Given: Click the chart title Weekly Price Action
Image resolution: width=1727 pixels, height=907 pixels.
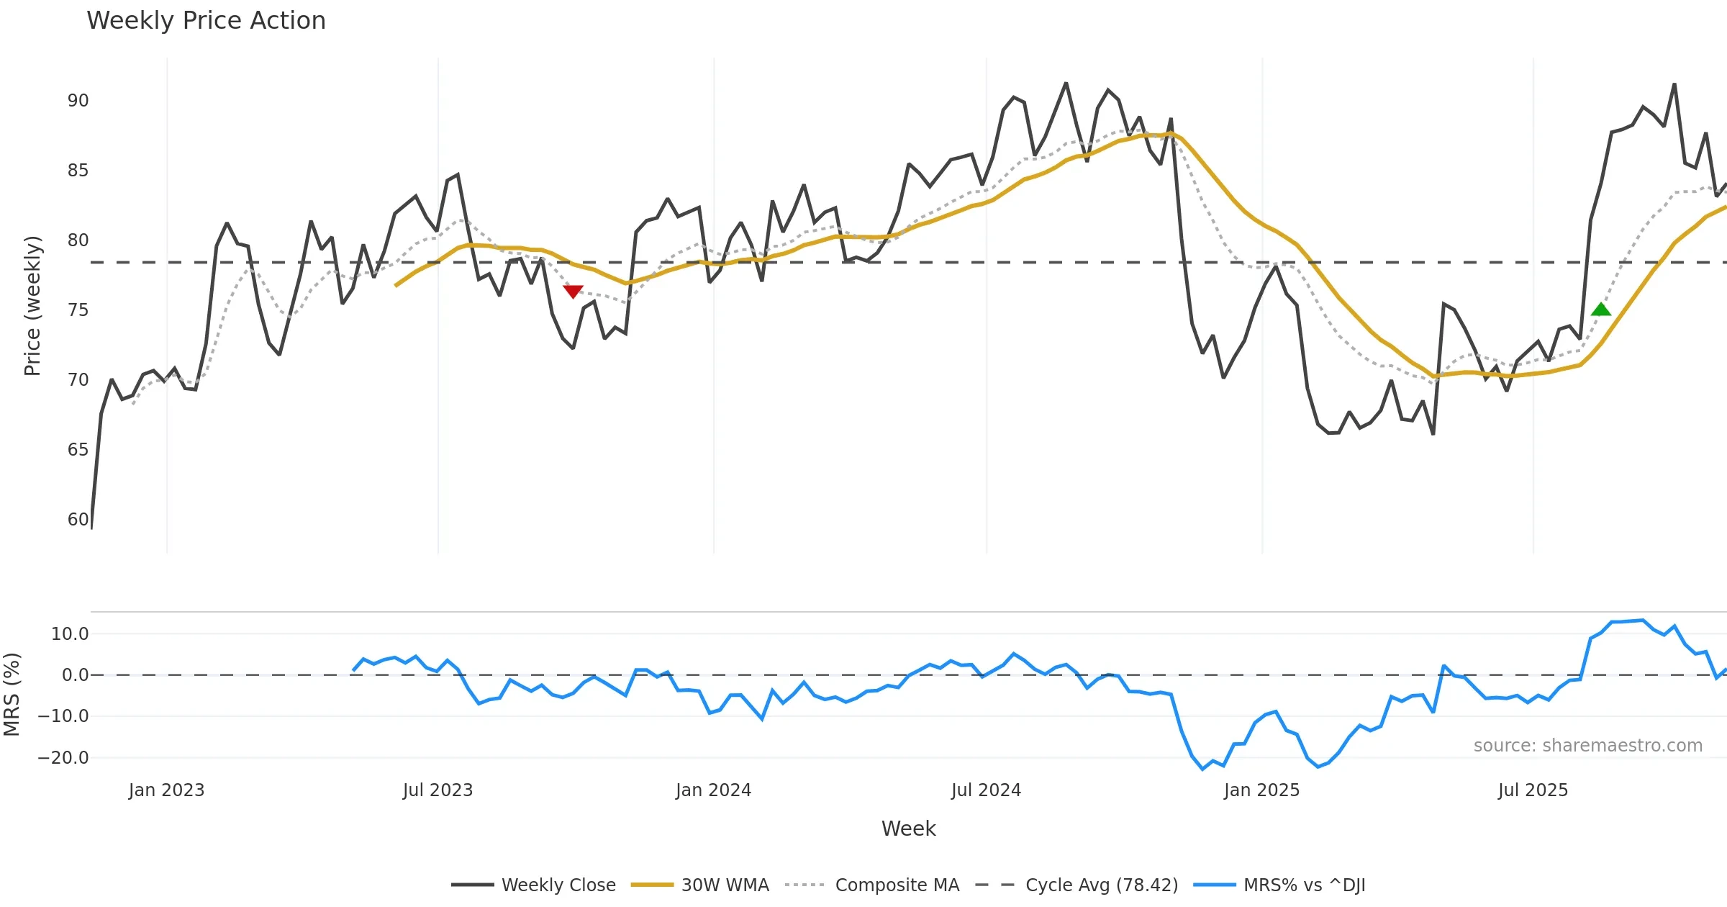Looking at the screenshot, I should click(x=206, y=21).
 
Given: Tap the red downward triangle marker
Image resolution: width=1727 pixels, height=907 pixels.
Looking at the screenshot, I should click(x=573, y=291).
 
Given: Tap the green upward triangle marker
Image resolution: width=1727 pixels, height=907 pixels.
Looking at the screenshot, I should click(x=1600, y=310).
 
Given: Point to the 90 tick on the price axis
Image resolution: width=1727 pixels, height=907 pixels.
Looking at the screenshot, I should click(x=78, y=101).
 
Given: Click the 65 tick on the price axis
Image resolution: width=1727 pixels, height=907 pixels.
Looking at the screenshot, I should click(x=78, y=450).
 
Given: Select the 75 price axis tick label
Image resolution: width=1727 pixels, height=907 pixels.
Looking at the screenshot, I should click(x=78, y=310).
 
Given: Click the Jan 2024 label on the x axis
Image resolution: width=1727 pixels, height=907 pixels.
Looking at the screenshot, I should click(x=713, y=790).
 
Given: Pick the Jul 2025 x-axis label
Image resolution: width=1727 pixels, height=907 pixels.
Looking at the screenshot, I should click(x=1533, y=790).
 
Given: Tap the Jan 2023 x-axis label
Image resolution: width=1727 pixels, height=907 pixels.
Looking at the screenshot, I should click(x=167, y=790).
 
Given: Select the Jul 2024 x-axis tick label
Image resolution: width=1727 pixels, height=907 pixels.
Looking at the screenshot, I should click(x=986, y=790).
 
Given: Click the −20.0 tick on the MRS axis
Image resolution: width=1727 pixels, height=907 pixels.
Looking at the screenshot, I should click(x=63, y=758).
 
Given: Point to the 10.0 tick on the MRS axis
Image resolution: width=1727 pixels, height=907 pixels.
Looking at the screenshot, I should click(x=69, y=634).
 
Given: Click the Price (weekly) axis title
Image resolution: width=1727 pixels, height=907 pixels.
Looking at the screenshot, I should click(x=32, y=306).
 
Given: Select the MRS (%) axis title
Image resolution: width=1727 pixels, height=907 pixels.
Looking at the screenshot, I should click(x=12, y=695).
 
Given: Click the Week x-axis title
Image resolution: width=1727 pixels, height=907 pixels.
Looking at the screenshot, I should click(x=908, y=829).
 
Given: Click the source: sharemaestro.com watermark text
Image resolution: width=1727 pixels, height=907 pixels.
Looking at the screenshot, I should click(x=1587, y=746).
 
